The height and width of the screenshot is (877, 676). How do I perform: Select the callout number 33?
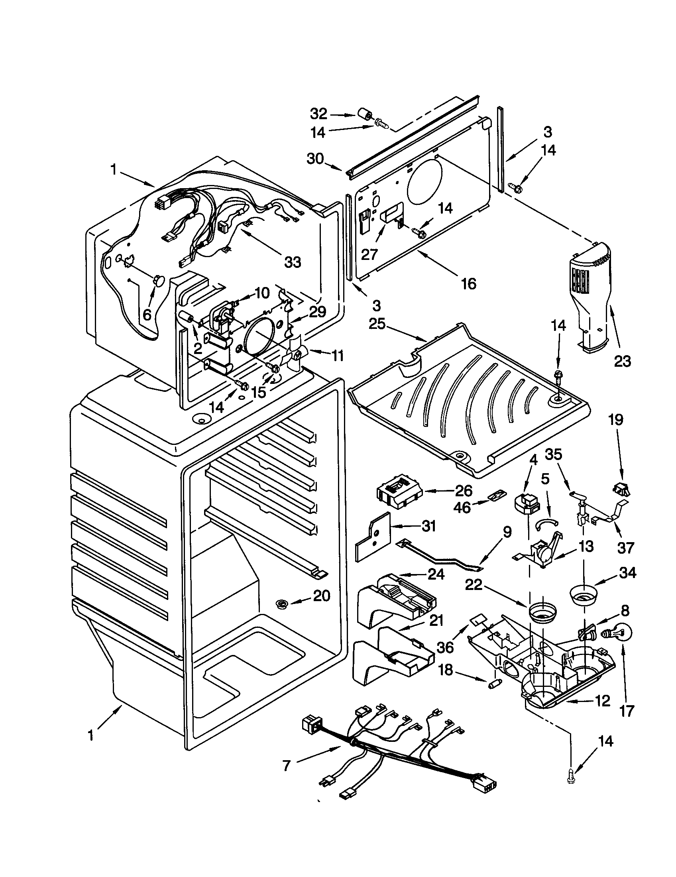[292, 262]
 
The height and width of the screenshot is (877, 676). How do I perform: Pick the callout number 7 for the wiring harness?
[286, 766]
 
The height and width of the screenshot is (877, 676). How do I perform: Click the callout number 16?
[468, 283]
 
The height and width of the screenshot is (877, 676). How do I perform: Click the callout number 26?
[464, 491]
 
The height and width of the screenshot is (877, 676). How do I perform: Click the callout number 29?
[317, 311]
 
